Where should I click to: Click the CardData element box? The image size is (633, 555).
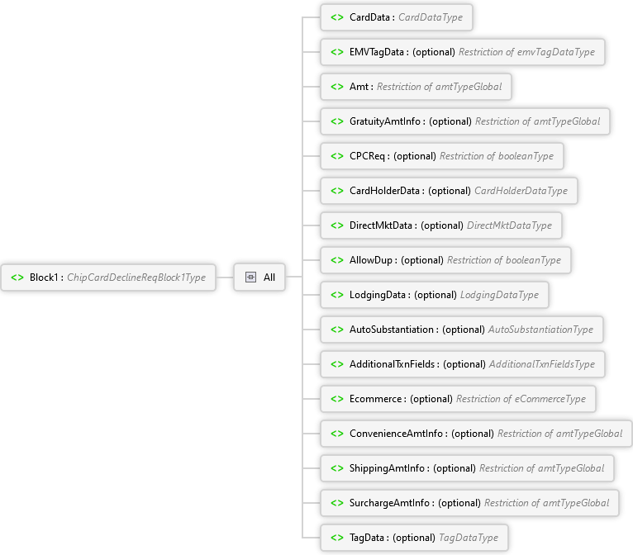click(x=397, y=17)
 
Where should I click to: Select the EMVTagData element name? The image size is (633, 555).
click(x=377, y=52)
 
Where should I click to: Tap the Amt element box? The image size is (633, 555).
click(x=416, y=87)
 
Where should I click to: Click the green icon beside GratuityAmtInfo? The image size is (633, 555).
click(x=337, y=121)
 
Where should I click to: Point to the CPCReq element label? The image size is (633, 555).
click(x=368, y=156)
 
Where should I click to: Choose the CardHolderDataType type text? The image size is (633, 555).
click(x=521, y=191)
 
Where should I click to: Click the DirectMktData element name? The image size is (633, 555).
click(x=381, y=225)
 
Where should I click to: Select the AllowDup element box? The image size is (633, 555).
click(x=445, y=260)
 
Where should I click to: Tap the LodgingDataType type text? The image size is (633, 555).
click(x=499, y=295)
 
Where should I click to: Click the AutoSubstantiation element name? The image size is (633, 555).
click(x=392, y=330)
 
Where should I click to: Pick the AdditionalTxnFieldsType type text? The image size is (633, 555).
click(x=542, y=364)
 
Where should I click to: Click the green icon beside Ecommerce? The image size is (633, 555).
click(x=337, y=399)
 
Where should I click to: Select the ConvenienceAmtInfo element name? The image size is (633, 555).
click(x=396, y=434)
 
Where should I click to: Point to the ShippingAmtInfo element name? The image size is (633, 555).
click(x=387, y=468)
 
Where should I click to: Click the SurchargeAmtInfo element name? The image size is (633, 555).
click(x=389, y=503)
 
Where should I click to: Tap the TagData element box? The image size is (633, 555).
click(x=414, y=538)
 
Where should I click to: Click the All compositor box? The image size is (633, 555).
click(x=259, y=277)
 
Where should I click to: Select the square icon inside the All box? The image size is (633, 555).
click(x=250, y=277)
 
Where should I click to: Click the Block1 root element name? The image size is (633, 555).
click(x=44, y=277)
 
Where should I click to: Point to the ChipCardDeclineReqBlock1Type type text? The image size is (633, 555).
click(x=136, y=277)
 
